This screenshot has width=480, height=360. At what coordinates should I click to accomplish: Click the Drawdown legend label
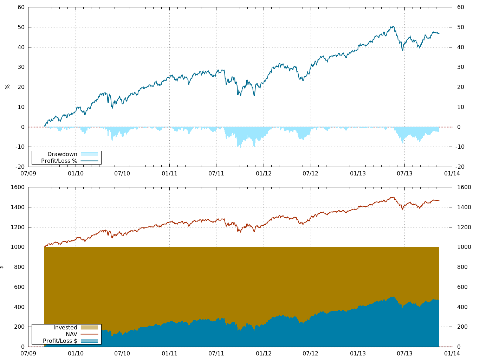62,154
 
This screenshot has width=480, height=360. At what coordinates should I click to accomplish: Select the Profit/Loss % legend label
59,161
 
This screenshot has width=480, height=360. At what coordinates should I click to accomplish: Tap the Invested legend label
65,327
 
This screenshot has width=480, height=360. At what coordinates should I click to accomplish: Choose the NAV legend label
71,334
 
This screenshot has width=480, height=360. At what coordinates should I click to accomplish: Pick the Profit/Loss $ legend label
60,341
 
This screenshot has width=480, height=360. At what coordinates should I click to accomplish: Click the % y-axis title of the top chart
7,87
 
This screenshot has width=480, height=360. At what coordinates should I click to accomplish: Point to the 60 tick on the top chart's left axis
21,7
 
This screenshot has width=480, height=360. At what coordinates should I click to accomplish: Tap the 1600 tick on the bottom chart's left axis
18,187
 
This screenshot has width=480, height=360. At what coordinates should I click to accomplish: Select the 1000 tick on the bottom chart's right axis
464,247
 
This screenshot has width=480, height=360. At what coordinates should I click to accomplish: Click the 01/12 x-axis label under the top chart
264,173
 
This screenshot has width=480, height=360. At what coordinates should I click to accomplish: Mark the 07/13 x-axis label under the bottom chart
404,353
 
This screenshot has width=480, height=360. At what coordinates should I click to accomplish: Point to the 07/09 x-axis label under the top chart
28,173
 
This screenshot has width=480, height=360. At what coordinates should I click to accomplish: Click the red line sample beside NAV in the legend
89,334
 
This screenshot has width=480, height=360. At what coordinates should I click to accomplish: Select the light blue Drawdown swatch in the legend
89,154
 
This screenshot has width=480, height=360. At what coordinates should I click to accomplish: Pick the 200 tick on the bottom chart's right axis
462,327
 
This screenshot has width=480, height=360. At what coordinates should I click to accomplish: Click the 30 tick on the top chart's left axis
21,67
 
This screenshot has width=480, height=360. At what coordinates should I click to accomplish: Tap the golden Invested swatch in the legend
89,327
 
